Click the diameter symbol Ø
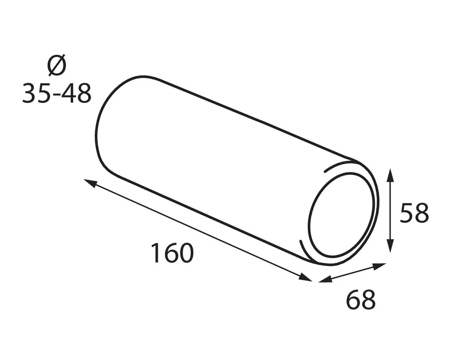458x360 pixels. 57,65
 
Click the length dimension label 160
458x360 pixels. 172,253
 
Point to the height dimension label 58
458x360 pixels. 414,213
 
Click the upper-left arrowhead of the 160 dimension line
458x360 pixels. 90,183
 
